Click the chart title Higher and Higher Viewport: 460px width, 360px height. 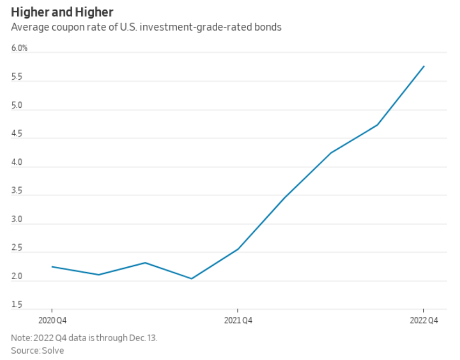tap(62, 11)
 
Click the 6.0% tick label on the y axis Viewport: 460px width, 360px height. tap(19, 49)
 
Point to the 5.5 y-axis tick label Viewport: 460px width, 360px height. tap(17, 77)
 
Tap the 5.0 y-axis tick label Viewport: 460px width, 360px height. tap(17, 106)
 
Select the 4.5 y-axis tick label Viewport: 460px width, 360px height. tap(17, 134)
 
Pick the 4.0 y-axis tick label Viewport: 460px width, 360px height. tap(17, 163)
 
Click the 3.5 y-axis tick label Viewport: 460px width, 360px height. tap(17, 191)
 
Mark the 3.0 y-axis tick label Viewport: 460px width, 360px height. tap(17, 220)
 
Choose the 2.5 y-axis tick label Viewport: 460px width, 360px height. tap(17, 248)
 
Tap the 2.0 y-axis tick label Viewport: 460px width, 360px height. tap(17, 277)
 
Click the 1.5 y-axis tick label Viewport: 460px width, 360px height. tap(17, 306)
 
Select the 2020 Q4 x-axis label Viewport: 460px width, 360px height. tap(52, 321)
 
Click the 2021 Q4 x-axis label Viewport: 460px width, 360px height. tap(238, 321)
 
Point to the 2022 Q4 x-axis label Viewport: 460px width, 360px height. tap(424, 321)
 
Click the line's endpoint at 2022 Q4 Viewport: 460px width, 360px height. tap(424, 66)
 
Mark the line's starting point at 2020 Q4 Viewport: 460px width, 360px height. tap(52, 266)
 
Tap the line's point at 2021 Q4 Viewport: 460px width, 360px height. tap(238, 249)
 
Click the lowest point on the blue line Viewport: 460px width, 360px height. tap(192, 279)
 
